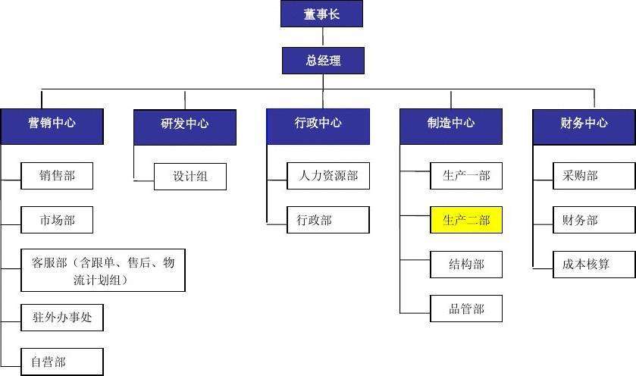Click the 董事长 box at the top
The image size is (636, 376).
click(321, 14)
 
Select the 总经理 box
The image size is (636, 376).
click(323, 61)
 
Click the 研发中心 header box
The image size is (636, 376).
click(185, 126)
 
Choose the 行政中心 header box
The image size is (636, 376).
click(318, 126)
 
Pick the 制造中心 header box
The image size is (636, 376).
click(451, 126)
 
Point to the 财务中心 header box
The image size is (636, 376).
click(584, 126)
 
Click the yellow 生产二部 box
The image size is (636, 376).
click(466, 221)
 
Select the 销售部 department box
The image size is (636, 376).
click(58, 177)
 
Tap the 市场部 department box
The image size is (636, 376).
click(58, 221)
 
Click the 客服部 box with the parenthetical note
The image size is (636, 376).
click(103, 271)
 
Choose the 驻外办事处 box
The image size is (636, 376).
click(62, 318)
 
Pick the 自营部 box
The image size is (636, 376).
click(62, 362)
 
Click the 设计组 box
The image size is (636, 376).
click(190, 177)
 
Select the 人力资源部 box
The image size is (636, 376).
click(328, 177)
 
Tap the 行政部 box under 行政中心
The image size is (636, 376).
click(328, 220)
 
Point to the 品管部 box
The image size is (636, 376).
click(466, 309)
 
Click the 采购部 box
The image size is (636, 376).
click(594, 176)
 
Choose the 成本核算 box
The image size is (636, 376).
click(594, 265)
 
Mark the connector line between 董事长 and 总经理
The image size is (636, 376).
click(323, 37)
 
